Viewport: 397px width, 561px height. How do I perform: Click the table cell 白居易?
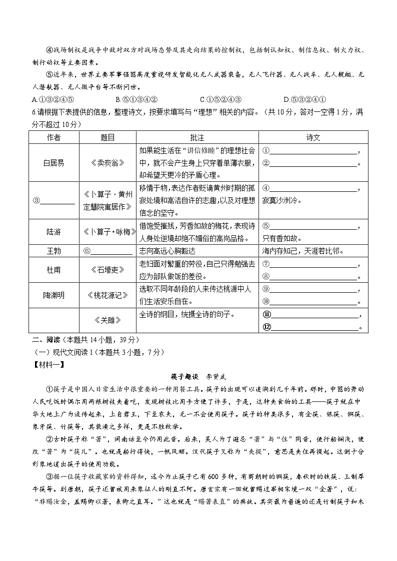[54, 163]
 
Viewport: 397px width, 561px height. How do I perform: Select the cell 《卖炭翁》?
[107, 163]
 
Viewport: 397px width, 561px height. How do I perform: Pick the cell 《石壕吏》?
[107, 270]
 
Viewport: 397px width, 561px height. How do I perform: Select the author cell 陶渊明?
[54, 295]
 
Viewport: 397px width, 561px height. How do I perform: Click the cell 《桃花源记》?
[107, 295]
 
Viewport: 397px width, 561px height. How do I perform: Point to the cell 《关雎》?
[107, 320]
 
